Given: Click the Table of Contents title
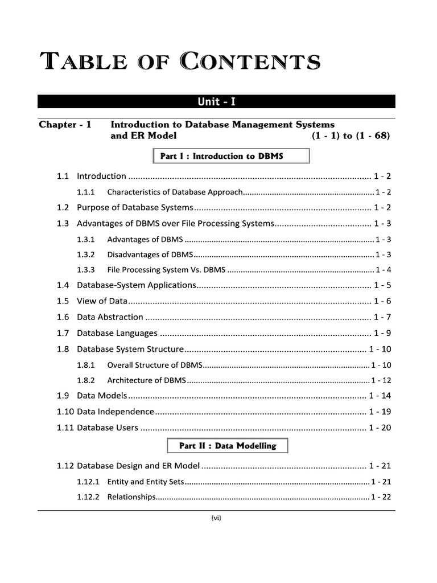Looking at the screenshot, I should click(179, 61).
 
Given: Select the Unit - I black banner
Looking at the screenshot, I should click(216, 102).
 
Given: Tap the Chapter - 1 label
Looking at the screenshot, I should click(65, 124).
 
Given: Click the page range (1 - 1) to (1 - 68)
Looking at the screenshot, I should click(351, 136).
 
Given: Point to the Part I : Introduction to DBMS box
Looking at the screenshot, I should click(230, 156).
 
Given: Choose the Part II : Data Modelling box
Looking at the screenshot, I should click(228, 446).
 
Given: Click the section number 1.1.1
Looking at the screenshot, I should click(86, 192).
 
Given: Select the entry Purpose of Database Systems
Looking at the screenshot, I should click(135, 207).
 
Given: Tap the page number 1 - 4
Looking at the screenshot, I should click(382, 269).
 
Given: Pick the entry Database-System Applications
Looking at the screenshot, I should click(137, 285).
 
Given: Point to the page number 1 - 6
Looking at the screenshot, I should click(382, 301).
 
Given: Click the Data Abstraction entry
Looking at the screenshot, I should click(110, 317).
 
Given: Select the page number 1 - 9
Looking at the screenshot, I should click(382, 332).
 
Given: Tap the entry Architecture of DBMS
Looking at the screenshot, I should click(146, 380).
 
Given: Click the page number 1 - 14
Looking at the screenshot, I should click(380, 396).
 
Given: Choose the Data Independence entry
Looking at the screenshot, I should click(116, 411).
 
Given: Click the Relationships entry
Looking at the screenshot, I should click(131, 496).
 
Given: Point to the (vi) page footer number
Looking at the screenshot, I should click(216, 518).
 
